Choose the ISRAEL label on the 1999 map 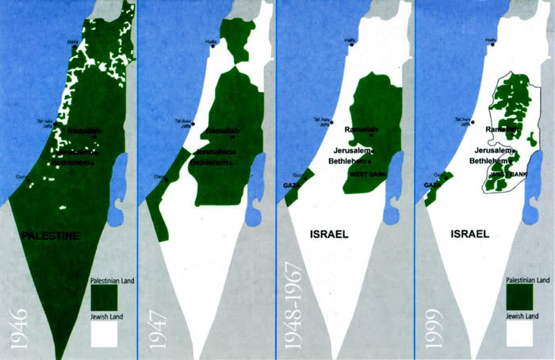click(469, 235)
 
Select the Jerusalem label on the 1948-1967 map click(350, 150)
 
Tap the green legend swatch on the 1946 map click(103, 297)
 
